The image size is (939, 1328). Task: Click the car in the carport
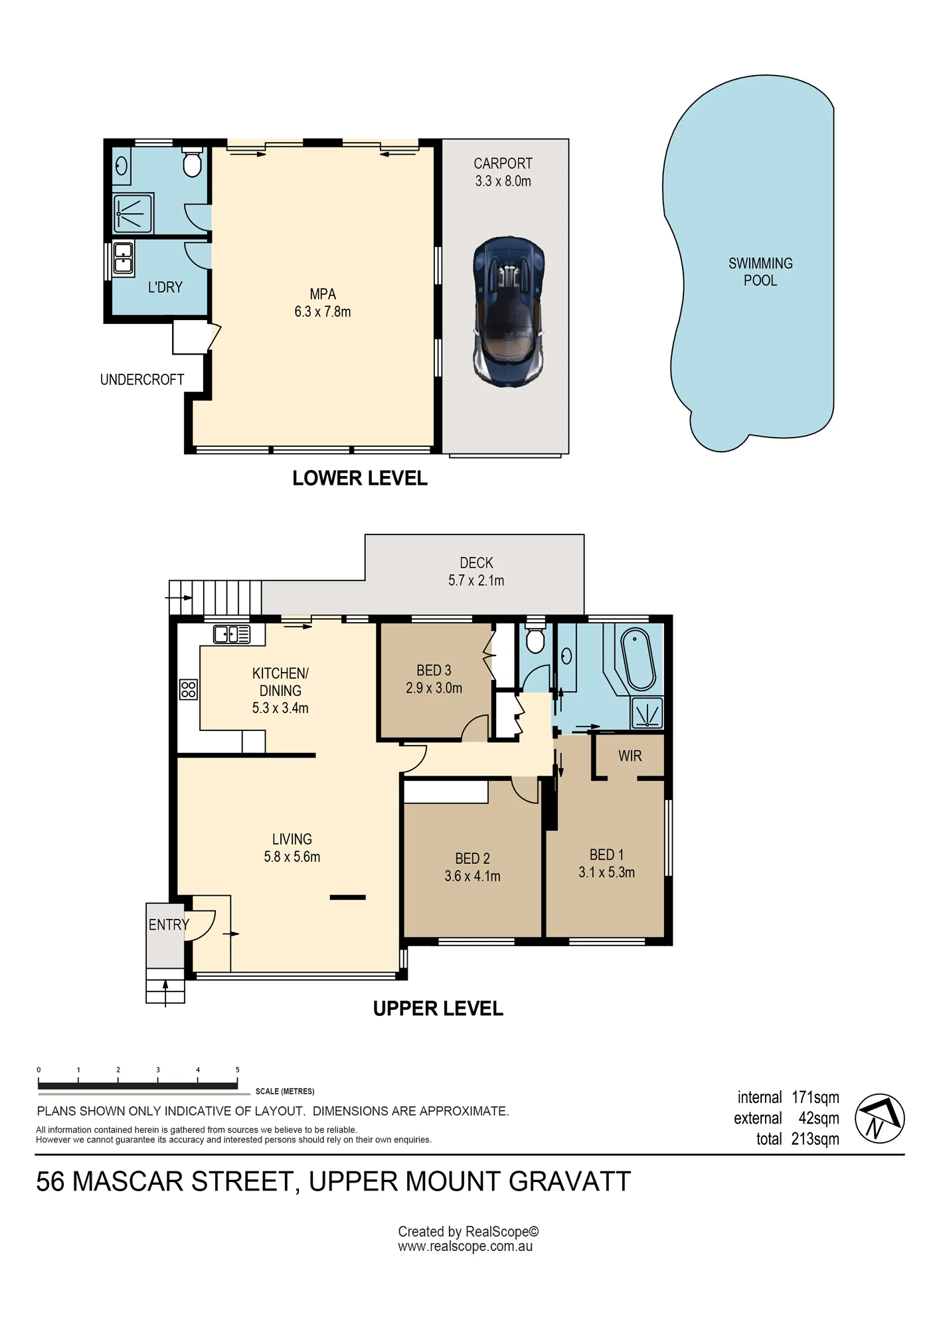[509, 311]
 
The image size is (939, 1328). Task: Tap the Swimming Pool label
[760, 272]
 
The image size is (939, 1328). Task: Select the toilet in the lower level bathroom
[192, 161]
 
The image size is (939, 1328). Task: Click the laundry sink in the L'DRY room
[123, 259]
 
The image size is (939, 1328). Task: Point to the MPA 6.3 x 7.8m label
[323, 303]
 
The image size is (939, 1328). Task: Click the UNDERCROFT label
[142, 380]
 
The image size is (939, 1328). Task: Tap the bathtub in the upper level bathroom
[638, 659]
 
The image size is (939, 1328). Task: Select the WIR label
[630, 756]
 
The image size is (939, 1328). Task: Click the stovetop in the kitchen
[189, 689]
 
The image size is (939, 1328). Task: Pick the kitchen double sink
[232, 635]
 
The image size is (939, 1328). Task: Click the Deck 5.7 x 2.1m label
[476, 572]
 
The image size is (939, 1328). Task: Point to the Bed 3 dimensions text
[434, 689]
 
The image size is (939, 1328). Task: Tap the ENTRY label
[169, 924]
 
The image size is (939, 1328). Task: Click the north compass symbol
[879, 1118]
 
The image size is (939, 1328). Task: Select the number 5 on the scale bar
[237, 1070]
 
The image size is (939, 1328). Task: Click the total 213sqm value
[815, 1139]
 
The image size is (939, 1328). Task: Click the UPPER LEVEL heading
[438, 1009]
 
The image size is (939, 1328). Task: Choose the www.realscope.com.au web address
[465, 1246]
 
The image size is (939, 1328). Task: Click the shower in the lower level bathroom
[133, 214]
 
